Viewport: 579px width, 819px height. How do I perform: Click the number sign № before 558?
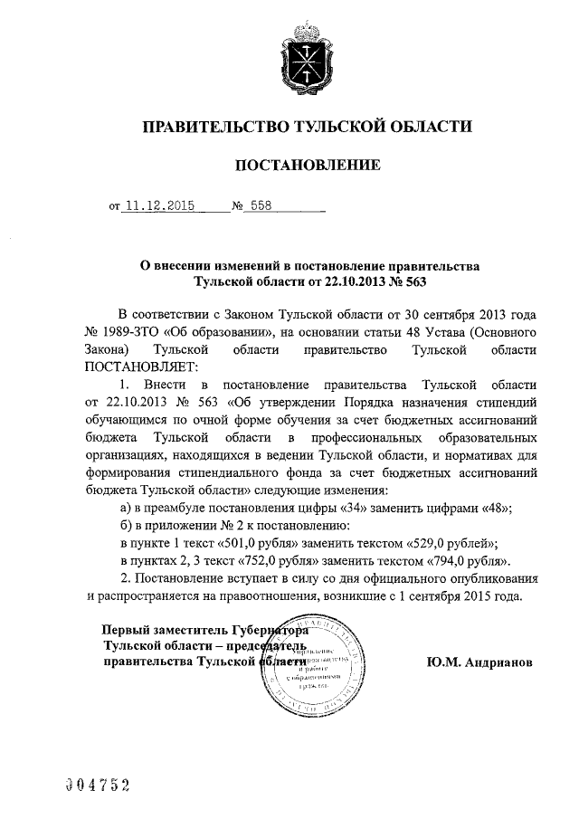239,205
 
